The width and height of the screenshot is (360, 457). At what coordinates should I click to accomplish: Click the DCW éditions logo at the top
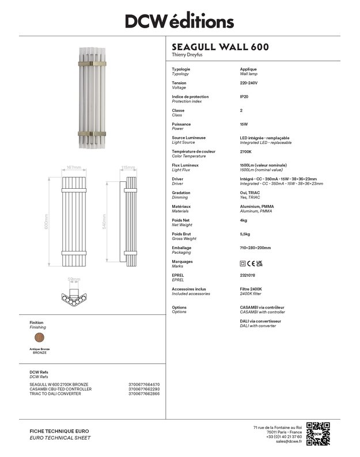(x=180, y=21)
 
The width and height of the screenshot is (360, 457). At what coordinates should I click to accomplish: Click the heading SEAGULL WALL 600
(x=220, y=47)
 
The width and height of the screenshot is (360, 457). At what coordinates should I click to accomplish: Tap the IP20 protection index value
(x=244, y=97)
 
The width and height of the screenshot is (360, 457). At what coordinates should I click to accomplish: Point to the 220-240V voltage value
(x=249, y=83)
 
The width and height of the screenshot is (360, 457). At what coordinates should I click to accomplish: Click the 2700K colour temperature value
(x=246, y=151)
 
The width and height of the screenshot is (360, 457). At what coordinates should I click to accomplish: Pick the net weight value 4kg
(x=244, y=220)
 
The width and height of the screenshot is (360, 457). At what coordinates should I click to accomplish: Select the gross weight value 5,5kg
(x=245, y=234)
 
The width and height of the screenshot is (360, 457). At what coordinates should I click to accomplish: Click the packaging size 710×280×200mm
(x=255, y=247)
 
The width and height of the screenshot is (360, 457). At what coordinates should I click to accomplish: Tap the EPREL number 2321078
(x=248, y=275)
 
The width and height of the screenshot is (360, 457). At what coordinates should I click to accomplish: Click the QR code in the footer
(x=318, y=433)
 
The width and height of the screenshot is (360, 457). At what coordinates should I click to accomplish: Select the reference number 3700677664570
(x=144, y=384)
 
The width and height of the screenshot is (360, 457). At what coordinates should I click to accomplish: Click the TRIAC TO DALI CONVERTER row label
(x=55, y=394)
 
